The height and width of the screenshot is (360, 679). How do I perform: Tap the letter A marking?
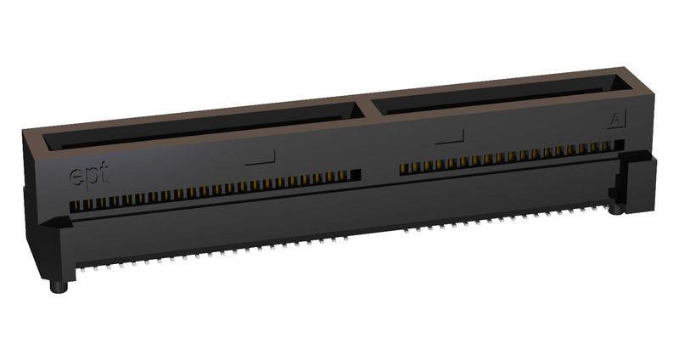click(614, 120)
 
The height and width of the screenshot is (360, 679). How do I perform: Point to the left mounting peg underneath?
click(59, 286)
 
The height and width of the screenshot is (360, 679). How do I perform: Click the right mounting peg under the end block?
click(614, 206)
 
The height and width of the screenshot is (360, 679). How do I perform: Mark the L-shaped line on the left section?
click(262, 157)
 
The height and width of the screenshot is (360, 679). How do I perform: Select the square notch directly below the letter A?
click(620, 145)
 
